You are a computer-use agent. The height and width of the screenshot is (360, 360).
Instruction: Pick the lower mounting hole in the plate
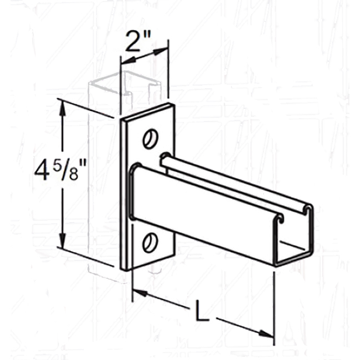click(149, 241)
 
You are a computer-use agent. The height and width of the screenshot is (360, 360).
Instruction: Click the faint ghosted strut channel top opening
click(125, 83)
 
